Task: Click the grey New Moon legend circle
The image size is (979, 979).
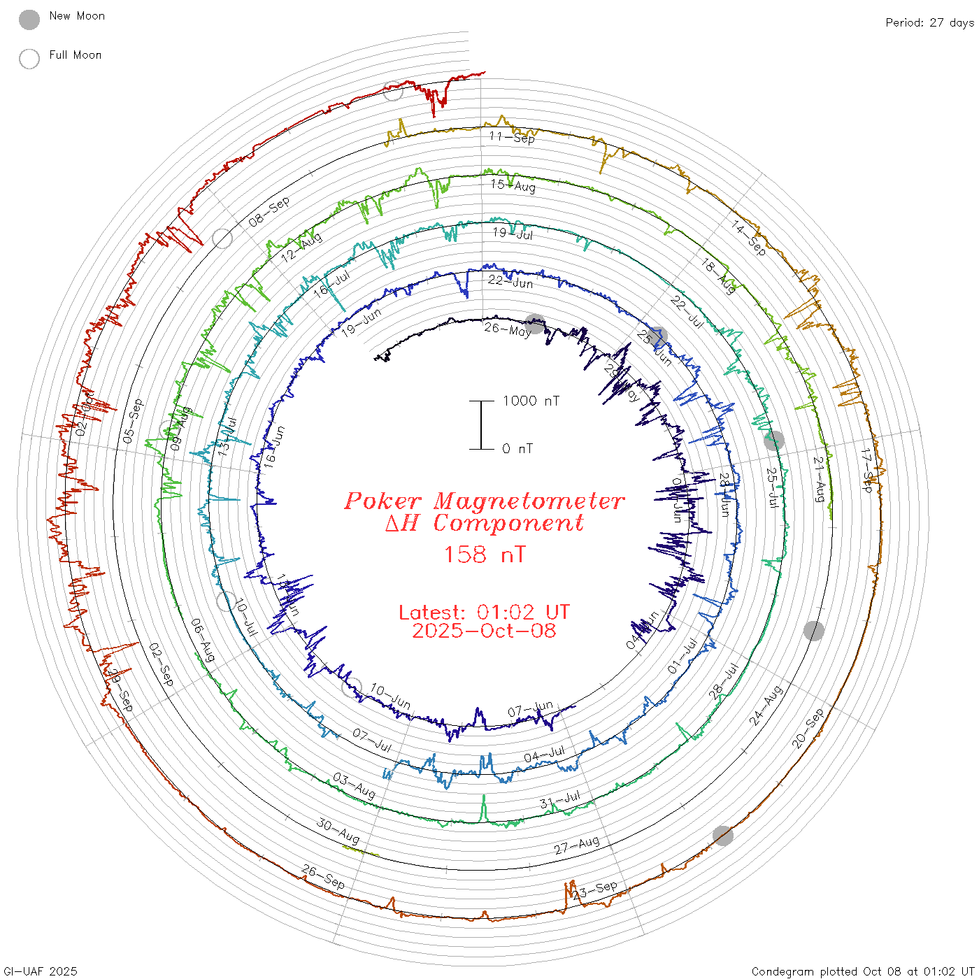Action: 29,20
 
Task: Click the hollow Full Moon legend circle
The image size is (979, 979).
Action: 29,59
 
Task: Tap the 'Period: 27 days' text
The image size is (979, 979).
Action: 929,22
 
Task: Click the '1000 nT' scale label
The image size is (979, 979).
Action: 531,401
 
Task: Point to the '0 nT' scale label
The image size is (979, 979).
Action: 517,448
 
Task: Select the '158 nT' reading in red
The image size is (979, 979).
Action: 485,555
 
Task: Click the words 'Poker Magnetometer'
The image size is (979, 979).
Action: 484,501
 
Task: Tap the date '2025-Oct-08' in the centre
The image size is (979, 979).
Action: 484,631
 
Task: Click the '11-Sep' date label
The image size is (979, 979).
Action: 512,137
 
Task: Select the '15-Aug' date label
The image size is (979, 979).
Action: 513,185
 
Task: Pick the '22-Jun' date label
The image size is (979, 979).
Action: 510,281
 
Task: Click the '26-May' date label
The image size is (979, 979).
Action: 508,329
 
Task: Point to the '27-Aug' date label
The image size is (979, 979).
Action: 577,845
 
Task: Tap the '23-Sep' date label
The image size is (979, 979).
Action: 596,890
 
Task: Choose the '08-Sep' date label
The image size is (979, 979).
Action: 269,212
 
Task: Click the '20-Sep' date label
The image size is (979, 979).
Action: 808,729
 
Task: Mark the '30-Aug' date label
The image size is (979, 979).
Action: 338,831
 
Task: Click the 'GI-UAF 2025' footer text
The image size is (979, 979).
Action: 41,971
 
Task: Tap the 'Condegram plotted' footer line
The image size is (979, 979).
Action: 863,971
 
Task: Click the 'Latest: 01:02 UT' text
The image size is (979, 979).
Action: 484,613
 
